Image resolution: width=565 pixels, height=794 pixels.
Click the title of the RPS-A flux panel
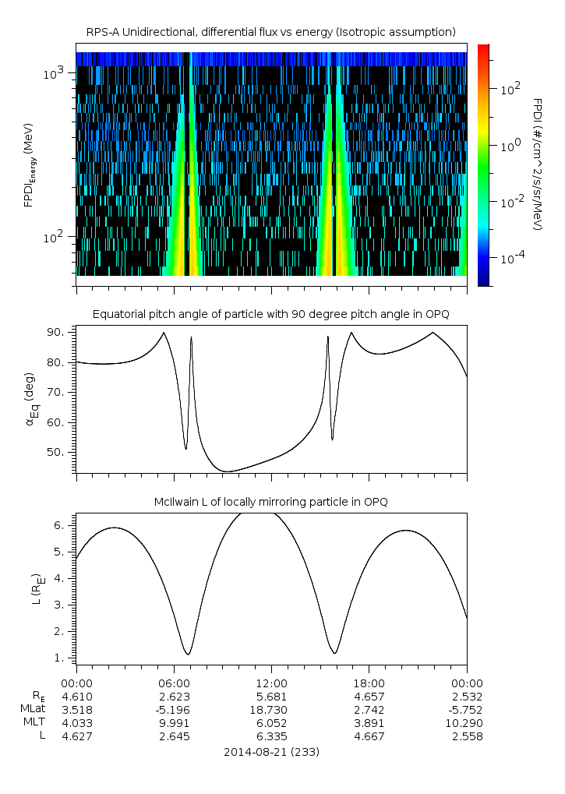pos(271,32)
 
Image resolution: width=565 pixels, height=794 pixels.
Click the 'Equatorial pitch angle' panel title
pos(271,314)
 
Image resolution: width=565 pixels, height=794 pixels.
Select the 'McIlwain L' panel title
pos(271,501)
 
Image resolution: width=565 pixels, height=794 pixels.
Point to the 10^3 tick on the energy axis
pos(57,72)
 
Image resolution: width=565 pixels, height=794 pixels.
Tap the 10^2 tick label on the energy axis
pos(57,237)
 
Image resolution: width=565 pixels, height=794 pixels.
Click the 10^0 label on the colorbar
pos(510,146)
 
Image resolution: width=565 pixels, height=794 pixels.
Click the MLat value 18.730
pos(271,709)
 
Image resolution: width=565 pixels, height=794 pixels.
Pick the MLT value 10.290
pos(466,722)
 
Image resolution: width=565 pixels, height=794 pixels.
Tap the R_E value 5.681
pos(271,696)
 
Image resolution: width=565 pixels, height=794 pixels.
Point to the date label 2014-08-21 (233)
pos(271,752)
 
